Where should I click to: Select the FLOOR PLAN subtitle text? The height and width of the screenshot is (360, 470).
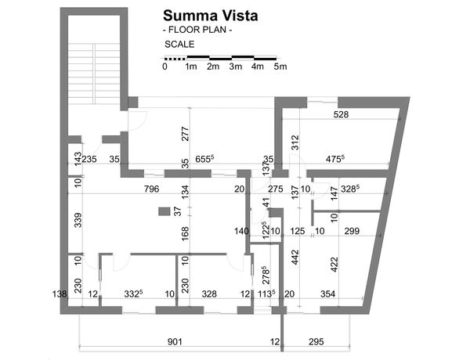click(x=197, y=30)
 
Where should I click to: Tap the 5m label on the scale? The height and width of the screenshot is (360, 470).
click(x=280, y=67)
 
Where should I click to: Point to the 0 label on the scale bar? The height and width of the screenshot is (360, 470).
click(x=164, y=67)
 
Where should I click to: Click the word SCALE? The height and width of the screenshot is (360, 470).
click(x=179, y=45)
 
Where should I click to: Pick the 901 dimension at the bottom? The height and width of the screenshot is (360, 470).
click(x=175, y=342)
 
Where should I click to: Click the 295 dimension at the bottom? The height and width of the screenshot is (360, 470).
click(x=316, y=342)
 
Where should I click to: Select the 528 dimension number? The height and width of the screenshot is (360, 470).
click(x=341, y=114)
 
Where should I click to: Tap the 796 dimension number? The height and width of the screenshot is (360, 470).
click(x=152, y=189)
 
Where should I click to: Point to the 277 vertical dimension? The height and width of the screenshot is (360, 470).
click(x=185, y=132)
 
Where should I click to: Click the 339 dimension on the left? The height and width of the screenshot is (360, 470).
click(x=77, y=221)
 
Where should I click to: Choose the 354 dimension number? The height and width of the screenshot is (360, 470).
click(x=328, y=293)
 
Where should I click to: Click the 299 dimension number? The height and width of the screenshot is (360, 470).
click(x=352, y=231)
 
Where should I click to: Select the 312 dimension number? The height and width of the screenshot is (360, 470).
click(x=295, y=142)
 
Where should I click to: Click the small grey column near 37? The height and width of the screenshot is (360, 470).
click(x=164, y=211)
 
